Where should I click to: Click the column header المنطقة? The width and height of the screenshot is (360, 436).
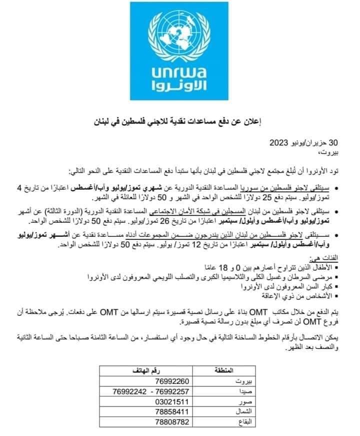(223, 371)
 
